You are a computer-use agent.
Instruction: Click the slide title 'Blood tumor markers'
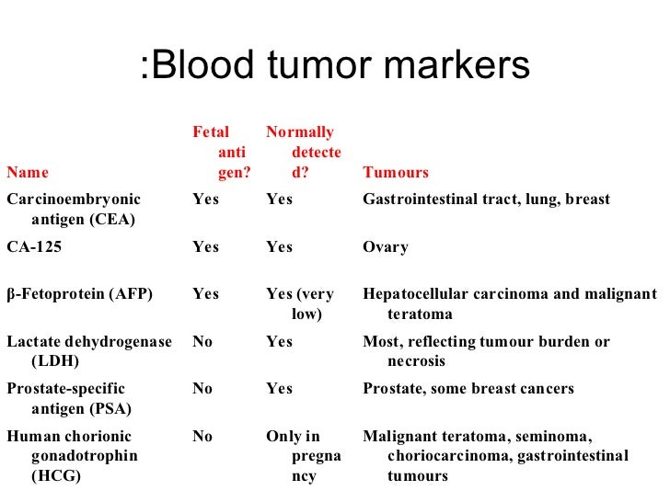tap(336, 66)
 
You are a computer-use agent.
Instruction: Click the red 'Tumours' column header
tap(396, 172)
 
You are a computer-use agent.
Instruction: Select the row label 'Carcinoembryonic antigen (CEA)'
tap(74, 209)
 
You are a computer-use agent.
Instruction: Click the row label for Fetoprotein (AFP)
tap(79, 294)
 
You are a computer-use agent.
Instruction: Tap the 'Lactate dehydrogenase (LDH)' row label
tap(88, 351)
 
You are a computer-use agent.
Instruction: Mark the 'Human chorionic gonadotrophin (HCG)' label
tap(71, 456)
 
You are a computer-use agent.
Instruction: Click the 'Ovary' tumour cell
tap(386, 246)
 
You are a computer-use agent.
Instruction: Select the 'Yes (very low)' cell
tap(300, 303)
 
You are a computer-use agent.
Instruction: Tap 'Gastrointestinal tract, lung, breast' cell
tap(486, 200)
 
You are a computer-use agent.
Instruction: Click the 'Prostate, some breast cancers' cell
tap(468, 389)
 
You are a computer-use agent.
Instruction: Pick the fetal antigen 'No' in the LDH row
tap(202, 342)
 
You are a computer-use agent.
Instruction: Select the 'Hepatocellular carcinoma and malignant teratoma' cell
tap(510, 303)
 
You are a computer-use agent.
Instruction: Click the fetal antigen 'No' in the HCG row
tap(202, 437)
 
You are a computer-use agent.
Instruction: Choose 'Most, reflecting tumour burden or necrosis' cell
tap(486, 351)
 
